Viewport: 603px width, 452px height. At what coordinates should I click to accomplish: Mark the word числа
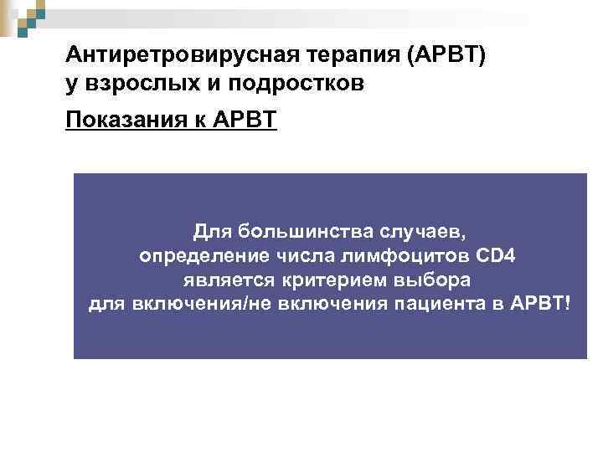(299, 254)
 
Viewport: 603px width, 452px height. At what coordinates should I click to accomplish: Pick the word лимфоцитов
(394, 254)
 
